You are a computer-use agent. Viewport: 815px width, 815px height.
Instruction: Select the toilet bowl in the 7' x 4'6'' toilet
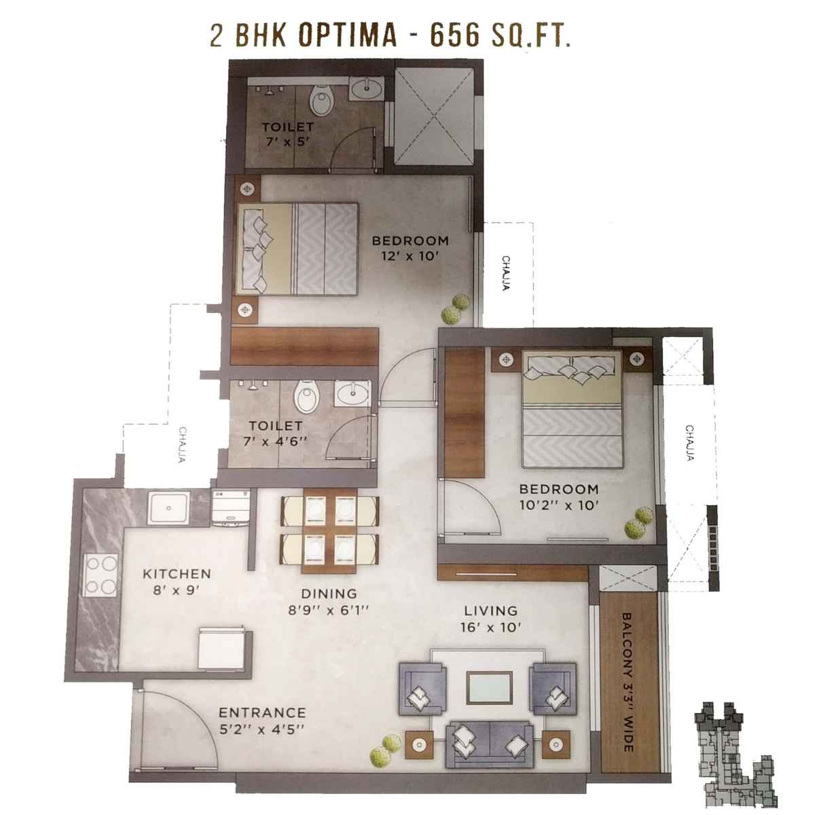click(306, 397)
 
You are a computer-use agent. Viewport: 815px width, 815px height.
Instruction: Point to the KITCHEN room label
click(177, 574)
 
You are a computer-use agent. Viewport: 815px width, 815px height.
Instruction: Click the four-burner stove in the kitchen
click(101, 574)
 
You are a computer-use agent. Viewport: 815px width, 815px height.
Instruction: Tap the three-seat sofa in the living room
click(486, 743)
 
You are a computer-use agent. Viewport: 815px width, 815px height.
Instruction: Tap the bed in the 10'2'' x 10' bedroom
click(572, 409)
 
